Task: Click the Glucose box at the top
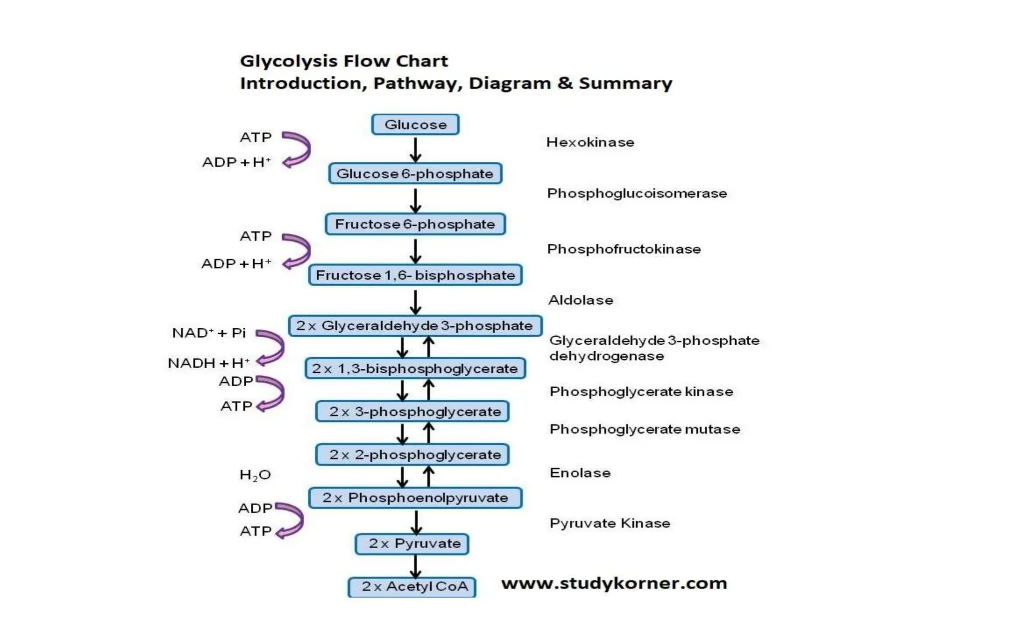415,124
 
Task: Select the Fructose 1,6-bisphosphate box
415,275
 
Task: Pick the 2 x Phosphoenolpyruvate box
415,498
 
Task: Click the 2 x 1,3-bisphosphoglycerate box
415,369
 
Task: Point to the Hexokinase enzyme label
590,142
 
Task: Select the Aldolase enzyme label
580,300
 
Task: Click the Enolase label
580,473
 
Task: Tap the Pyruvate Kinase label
610,523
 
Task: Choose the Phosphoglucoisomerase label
637,193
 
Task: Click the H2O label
255,475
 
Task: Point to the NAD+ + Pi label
209,333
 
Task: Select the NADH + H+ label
209,363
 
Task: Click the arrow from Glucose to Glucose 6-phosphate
415,149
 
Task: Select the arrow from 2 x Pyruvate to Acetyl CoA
415,566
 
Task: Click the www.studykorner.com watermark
614,583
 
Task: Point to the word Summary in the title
625,83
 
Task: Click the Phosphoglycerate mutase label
644,429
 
